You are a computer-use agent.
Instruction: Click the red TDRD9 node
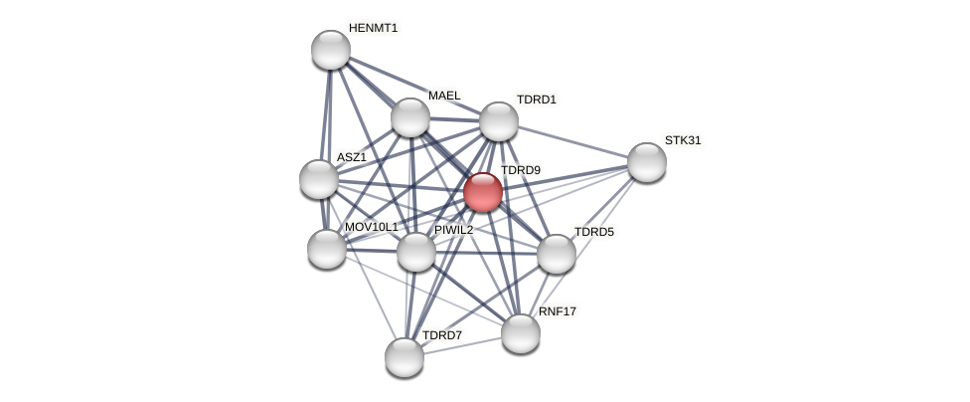[483, 192]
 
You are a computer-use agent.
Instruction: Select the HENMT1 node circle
[331, 50]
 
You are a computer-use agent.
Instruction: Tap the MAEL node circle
[409, 117]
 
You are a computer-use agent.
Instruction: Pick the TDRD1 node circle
[499, 121]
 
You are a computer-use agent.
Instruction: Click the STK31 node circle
[646, 162]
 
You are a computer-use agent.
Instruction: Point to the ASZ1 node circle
[319, 179]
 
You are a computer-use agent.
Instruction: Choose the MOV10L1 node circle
[327, 249]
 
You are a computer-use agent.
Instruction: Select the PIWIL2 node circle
[416, 252]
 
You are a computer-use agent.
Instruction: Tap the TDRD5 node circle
[557, 254]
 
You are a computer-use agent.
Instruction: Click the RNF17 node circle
[521, 333]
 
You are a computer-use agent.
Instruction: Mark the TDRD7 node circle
[404, 357]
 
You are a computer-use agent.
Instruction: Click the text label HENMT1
[373, 28]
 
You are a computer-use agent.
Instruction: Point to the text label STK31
[683, 140]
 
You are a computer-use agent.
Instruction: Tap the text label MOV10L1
[371, 227]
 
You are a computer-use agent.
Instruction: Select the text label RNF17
[558, 311]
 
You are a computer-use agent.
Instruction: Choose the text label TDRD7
[442, 335]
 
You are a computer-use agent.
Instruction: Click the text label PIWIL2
[454, 230]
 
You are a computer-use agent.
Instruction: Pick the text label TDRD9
[520, 170]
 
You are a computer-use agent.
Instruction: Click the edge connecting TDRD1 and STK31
[572, 141]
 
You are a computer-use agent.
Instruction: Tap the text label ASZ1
[351, 157]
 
